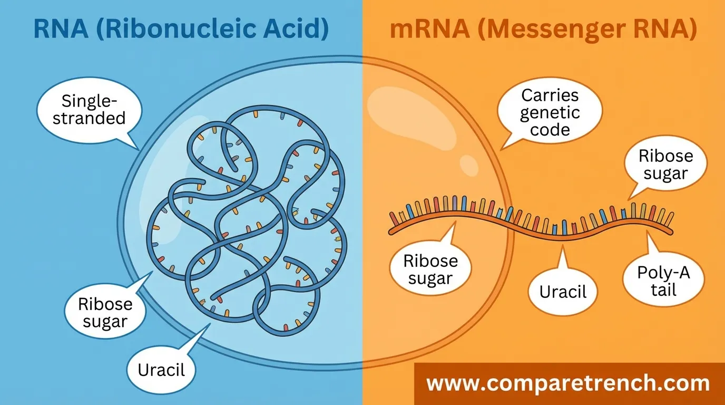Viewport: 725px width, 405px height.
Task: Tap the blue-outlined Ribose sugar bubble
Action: pos(105,313)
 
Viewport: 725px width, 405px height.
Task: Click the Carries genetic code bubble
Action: pos(550,112)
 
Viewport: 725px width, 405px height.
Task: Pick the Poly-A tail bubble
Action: pos(663,282)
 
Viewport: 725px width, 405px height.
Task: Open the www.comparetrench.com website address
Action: pos(567,383)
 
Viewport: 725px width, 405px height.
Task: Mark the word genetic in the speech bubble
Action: pos(550,113)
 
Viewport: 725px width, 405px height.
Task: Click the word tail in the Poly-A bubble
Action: pos(663,290)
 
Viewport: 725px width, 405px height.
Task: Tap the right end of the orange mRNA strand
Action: pos(673,228)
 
